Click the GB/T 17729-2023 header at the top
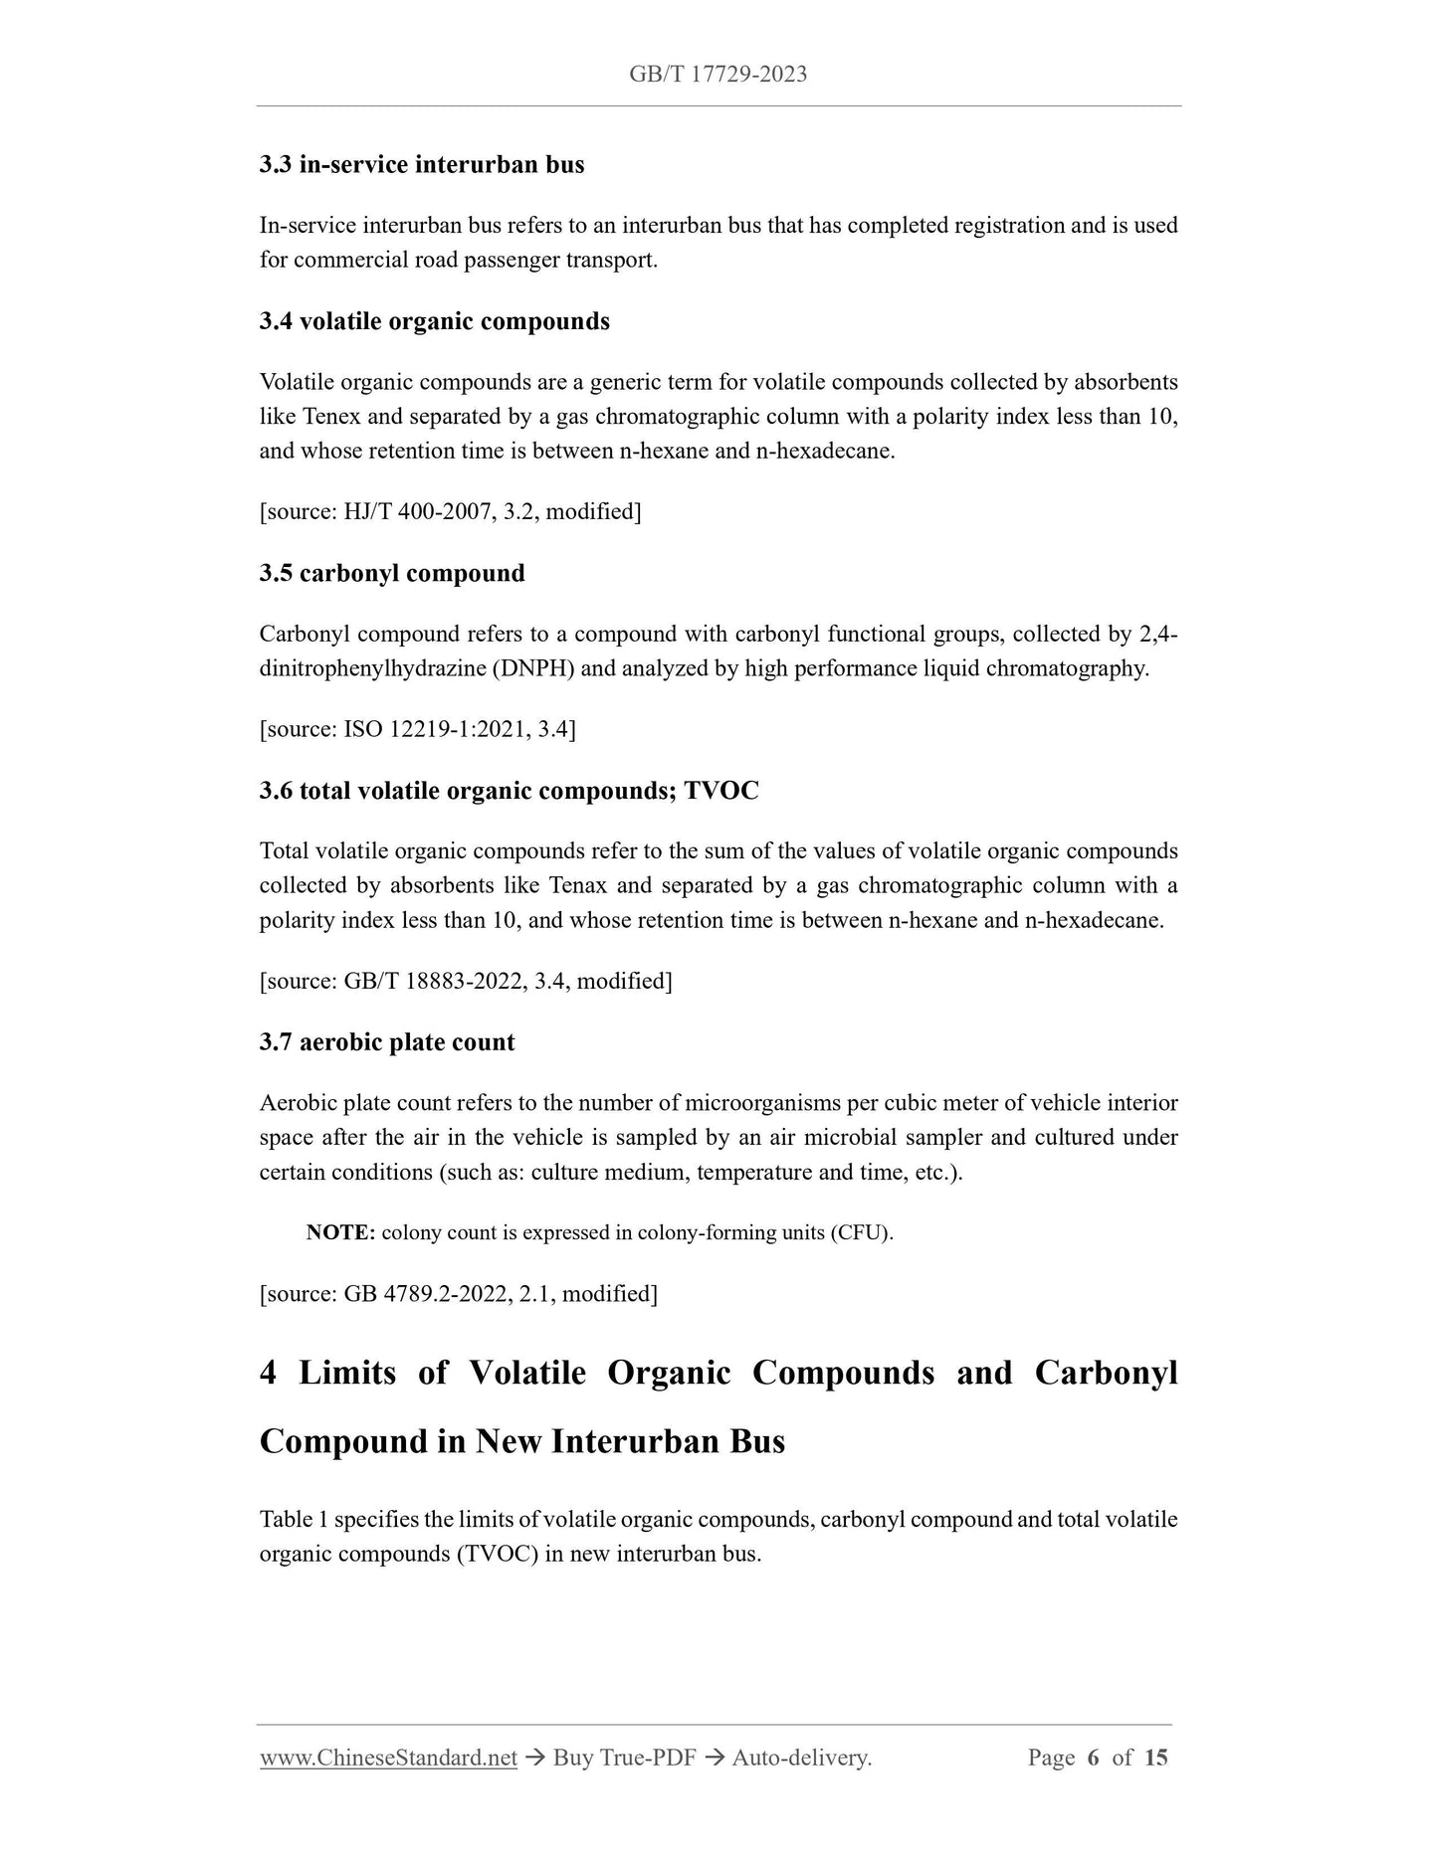(718, 74)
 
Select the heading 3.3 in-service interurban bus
(422, 164)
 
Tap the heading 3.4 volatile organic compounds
(435, 321)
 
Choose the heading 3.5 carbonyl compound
(392, 573)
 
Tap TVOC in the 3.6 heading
(721, 791)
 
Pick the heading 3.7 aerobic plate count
(387, 1042)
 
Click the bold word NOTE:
(340, 1233)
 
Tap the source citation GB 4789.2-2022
(425, 1294)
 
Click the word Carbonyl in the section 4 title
(1106, 1373)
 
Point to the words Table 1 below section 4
(294, 1520)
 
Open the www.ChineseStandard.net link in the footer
(388, 1758)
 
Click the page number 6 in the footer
(1093, 1758)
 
